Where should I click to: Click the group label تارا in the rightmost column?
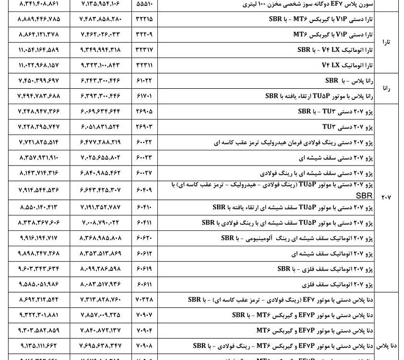click(386, 42)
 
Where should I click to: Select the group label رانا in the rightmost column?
click(386, 88)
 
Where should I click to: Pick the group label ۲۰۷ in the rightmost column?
click(386, 197)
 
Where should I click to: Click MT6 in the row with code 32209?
click(302, 34)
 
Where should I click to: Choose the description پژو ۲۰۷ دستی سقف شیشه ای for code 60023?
click(340, 157)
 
